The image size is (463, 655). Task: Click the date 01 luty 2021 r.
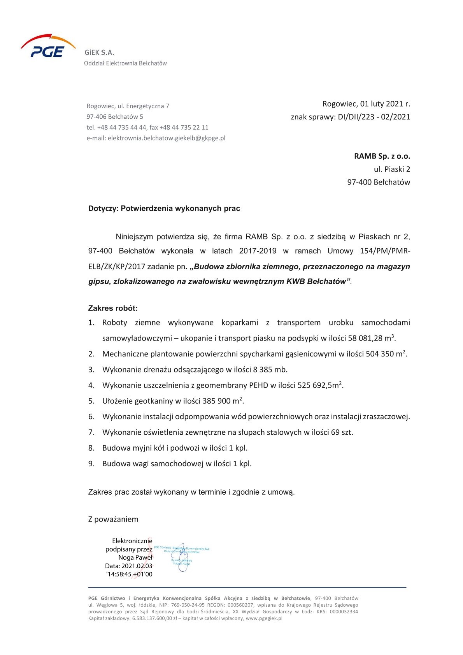[x=385, y=104]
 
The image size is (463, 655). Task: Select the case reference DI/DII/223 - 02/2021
[x=373, y=117]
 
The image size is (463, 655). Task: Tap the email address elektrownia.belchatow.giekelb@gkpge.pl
[x=167, y=138]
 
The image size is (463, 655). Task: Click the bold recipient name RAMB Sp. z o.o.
[x=382, y=156]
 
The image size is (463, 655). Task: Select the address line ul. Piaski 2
[x=392, y=169]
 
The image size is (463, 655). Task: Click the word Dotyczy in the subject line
[x=103, y=209]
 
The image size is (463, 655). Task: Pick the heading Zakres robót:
[x=113, y=308]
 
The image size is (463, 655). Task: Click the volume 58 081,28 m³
[x=372, y=338]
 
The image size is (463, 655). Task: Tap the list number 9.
[x=91, y=464]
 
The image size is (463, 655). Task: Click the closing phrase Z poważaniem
[x=113, y=519]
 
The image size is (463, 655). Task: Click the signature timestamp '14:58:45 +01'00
[x=129, y=574]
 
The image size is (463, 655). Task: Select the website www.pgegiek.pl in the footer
[x=264, y=618]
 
